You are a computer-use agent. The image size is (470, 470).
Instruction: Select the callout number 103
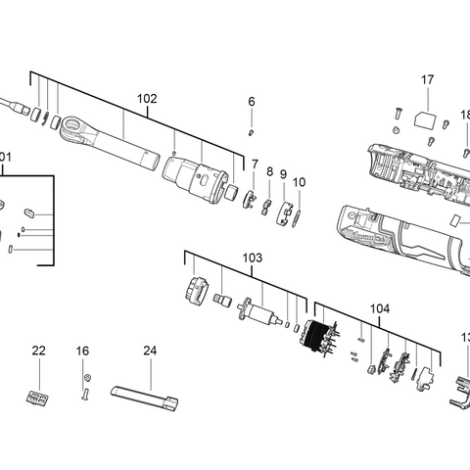tap(253, 258)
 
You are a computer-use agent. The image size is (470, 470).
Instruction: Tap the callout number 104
tap(379, 308)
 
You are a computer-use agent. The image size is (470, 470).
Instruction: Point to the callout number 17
tap(427, 79)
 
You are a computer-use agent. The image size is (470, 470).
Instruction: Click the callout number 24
tap(150, 350)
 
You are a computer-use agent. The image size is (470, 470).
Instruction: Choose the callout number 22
tap(38, 350)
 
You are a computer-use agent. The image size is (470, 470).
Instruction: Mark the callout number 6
tap(251, 101)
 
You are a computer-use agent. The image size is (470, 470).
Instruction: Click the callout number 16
tap(83, 350)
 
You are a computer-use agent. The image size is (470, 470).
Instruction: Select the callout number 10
tap(300, 182)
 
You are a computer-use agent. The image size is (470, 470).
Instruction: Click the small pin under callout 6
tap(251, 129)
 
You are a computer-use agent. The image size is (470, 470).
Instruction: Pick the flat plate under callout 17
tap(427, 117)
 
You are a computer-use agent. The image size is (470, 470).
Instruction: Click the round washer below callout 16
tap(86, 377)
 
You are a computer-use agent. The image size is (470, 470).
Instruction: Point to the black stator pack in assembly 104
tap(317, 339)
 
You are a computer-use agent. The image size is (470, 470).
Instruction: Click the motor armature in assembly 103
tap(258, 315)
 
